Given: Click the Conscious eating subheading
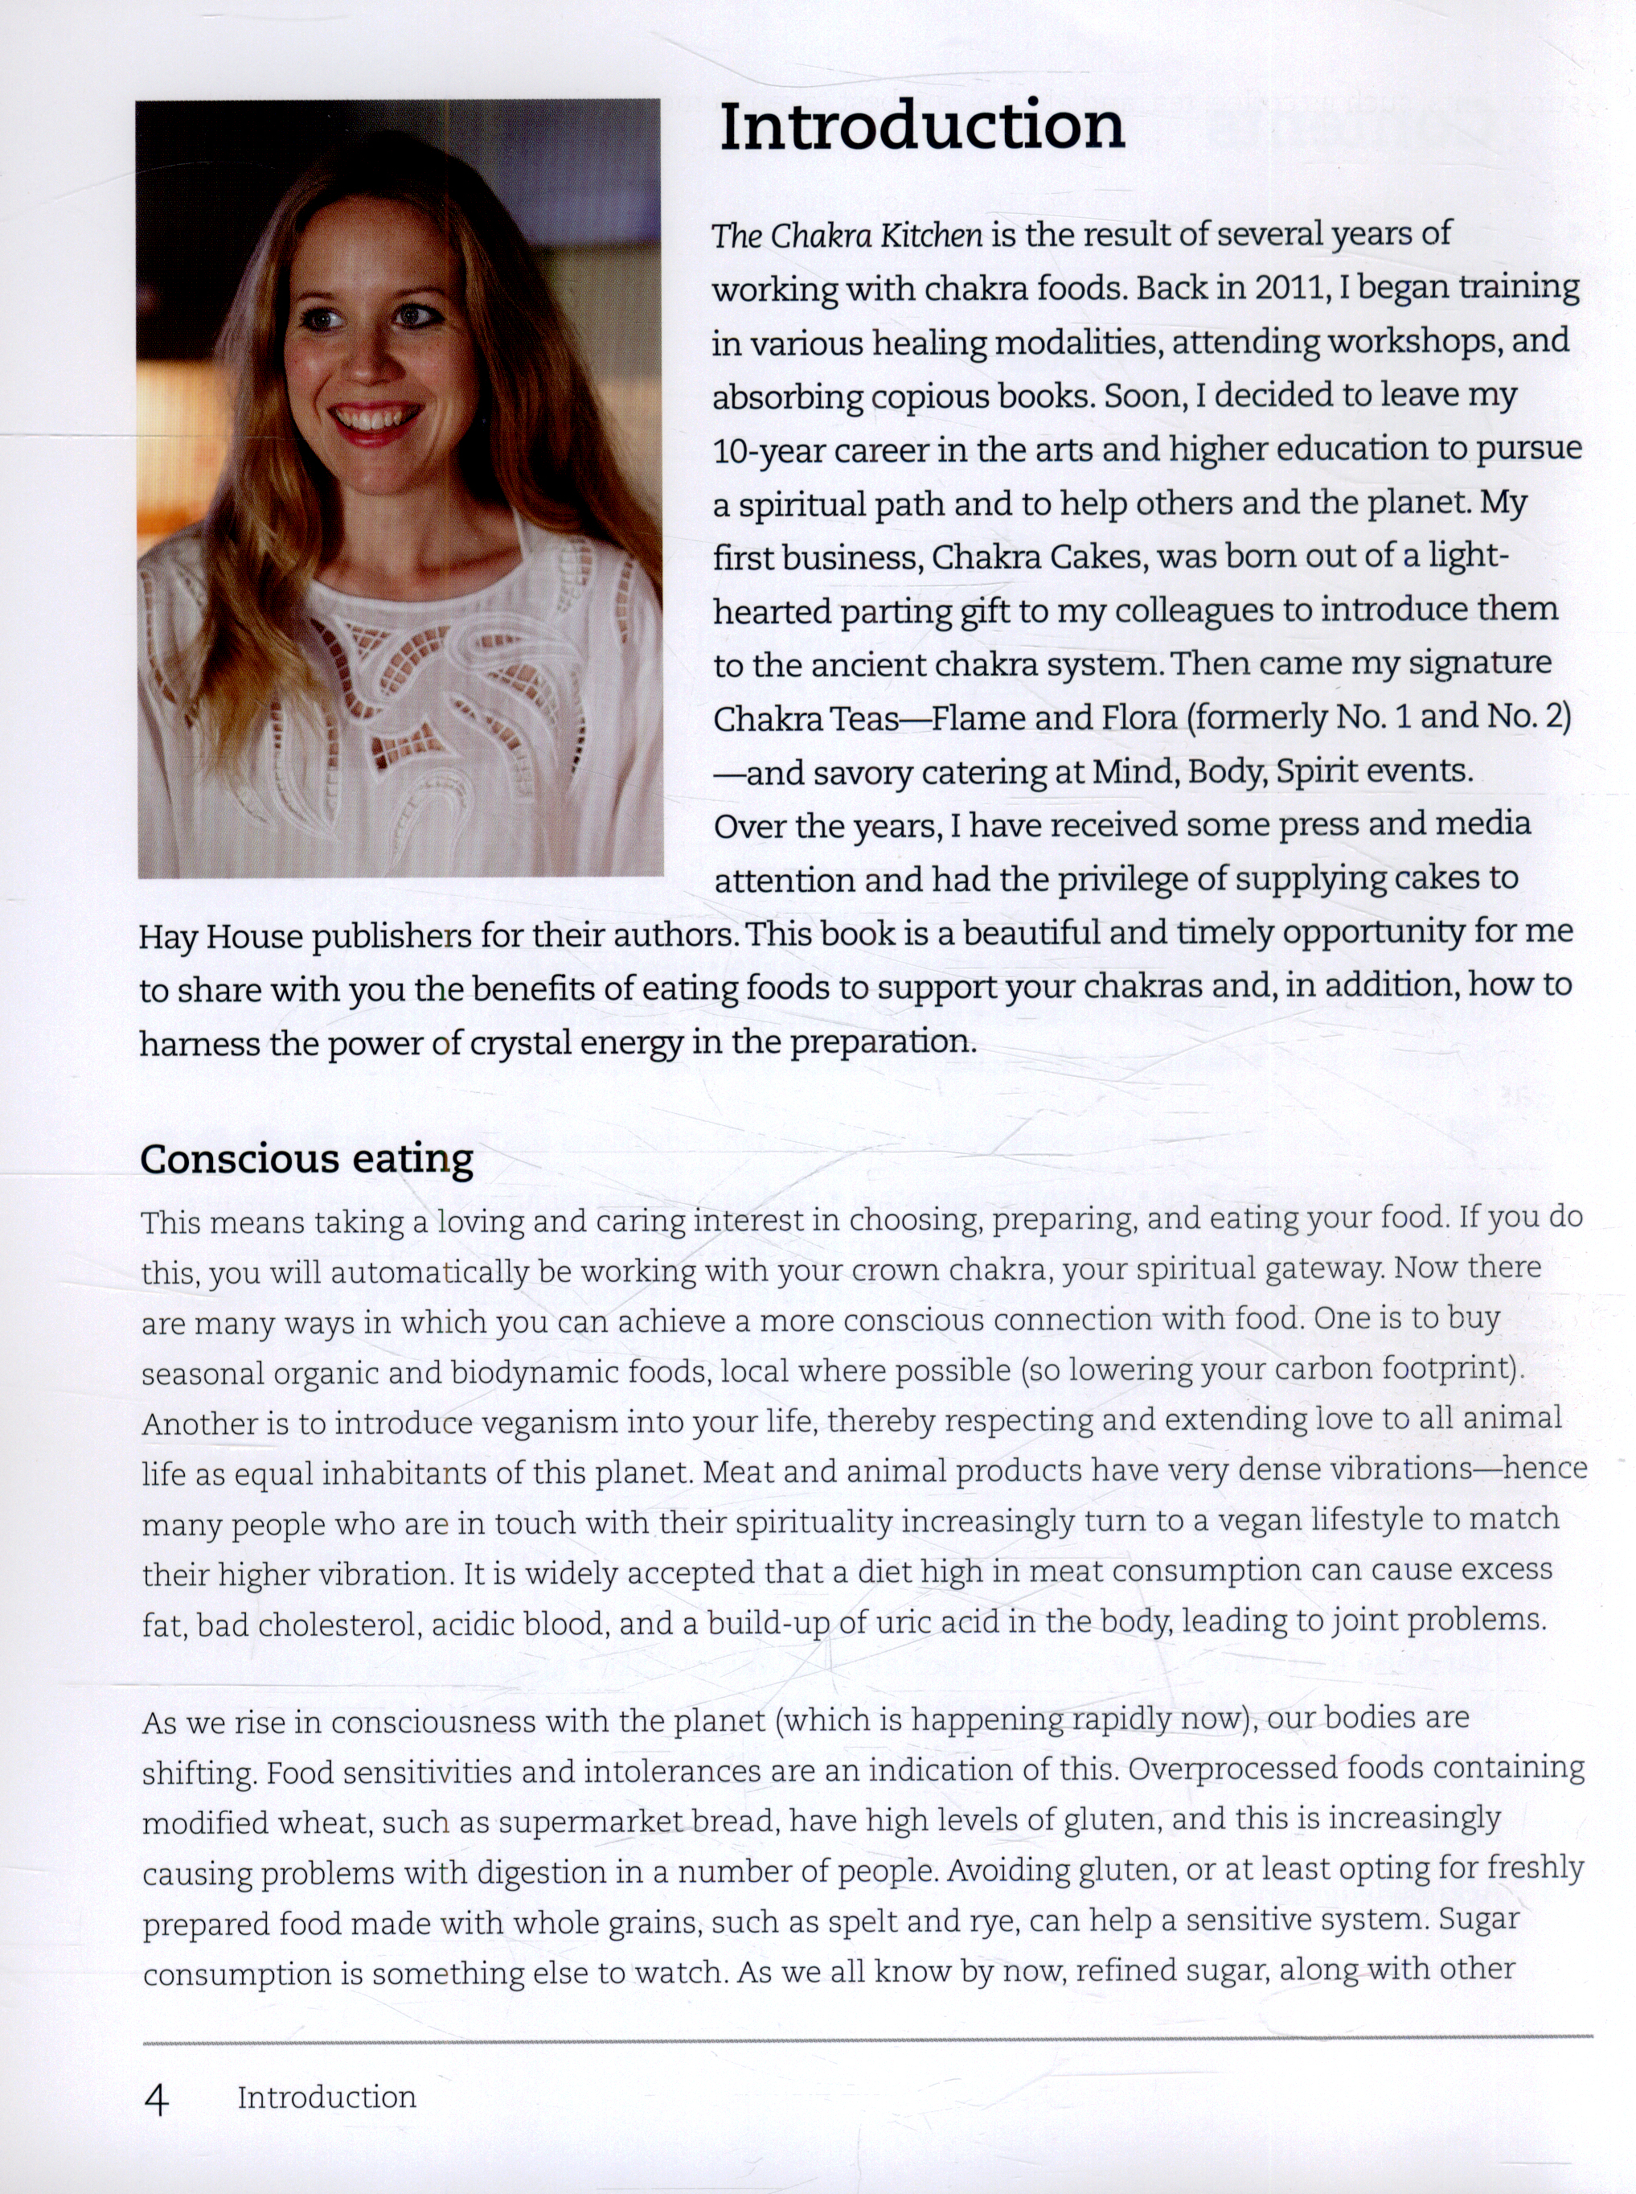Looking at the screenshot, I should pos(306,1159).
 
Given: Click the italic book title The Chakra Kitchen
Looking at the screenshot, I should pos(847,235).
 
